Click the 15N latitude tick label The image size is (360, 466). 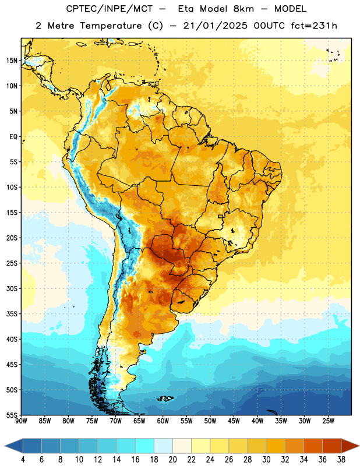click(x=12, y=61)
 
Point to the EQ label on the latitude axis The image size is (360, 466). click(x=13, y=137)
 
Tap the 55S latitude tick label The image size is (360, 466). click(x=12, y=415)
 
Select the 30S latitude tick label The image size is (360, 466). click(x=12, y=288)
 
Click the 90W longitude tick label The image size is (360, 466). click(x=21, y=421)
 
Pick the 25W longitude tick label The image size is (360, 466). click(x=328, y=421)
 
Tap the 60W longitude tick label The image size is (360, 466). click(x=163, y=421)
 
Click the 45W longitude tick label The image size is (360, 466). click(x=234, y=421)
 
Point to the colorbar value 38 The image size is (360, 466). click(x=341, y=460)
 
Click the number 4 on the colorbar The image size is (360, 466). click(x=23, y=460)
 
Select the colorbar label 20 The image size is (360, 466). click(x=172, y=460)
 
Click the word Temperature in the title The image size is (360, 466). click(x=111, y=26)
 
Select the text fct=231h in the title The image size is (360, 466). click(x=314, y=26)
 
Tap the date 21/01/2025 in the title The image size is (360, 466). click(x=215, y=26)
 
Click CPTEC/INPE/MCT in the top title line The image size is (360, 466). click(x=109, y=9)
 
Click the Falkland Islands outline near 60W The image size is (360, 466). click(x=165, y=398)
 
